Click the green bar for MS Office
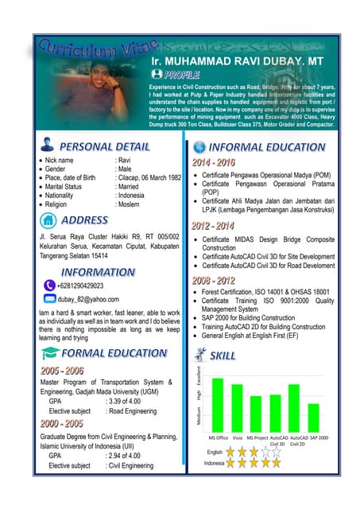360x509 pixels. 217,405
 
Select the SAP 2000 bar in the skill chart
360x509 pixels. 313,418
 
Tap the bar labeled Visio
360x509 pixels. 237,408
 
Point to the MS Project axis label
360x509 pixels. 257,437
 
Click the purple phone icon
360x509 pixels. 49,285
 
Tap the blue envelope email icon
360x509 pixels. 49,299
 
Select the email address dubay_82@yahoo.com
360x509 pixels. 88,300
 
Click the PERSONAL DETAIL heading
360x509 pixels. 103,146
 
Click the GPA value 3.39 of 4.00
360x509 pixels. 122,401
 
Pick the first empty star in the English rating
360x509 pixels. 265,452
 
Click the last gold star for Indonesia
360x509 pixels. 277,462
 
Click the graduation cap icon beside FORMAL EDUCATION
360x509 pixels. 49,353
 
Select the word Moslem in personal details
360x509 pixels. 128,204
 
